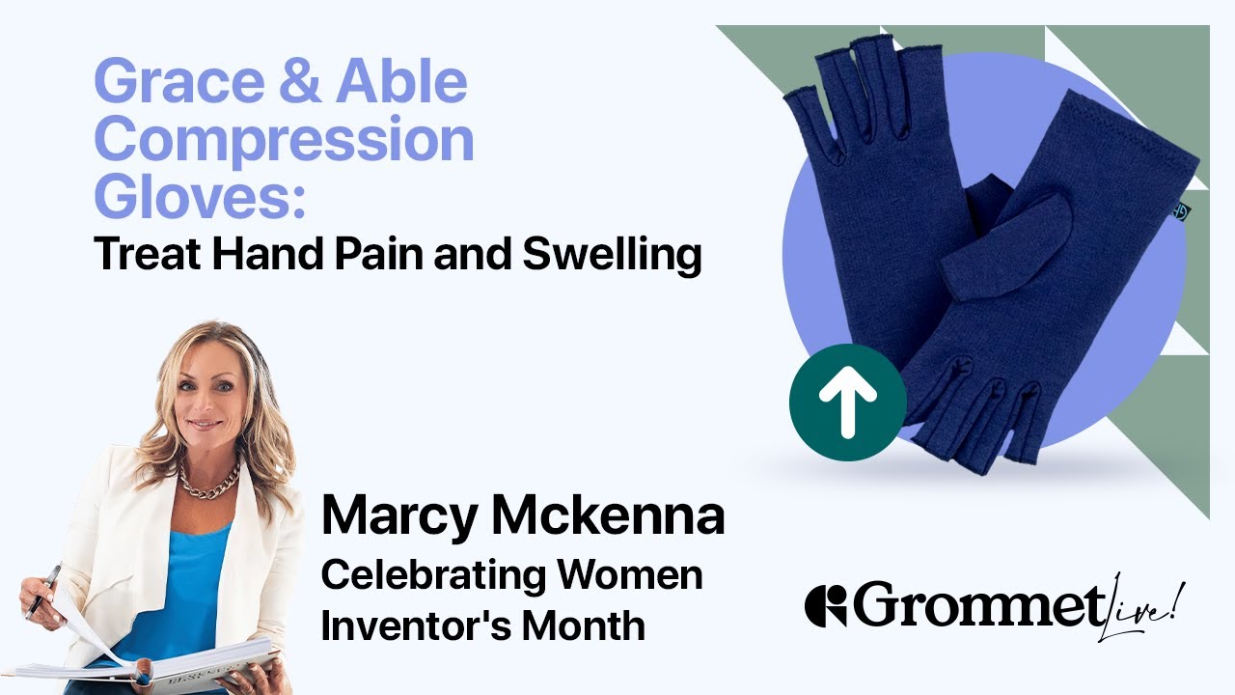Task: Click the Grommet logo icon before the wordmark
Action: (825, 605)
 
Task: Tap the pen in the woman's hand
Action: (44, 590)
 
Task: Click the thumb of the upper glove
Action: (1003, 236)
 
